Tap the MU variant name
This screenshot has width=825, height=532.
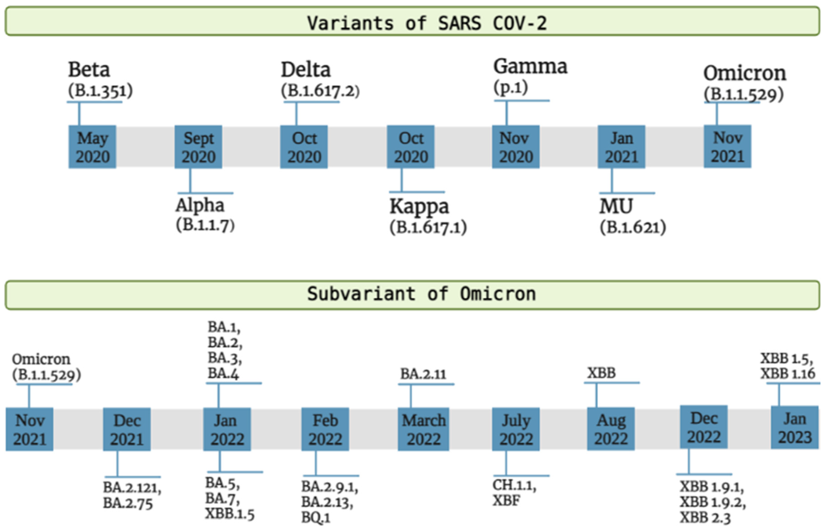[616, 207]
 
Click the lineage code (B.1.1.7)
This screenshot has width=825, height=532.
[205, 225]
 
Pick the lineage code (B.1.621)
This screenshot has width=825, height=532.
[633, 227]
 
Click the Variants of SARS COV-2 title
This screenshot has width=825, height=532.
[427, 23]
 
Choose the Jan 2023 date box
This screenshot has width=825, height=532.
[795, 428]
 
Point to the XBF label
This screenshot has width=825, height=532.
[506, 501]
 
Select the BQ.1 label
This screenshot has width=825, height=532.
[316, 518]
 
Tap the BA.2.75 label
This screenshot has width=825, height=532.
[128, 504]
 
